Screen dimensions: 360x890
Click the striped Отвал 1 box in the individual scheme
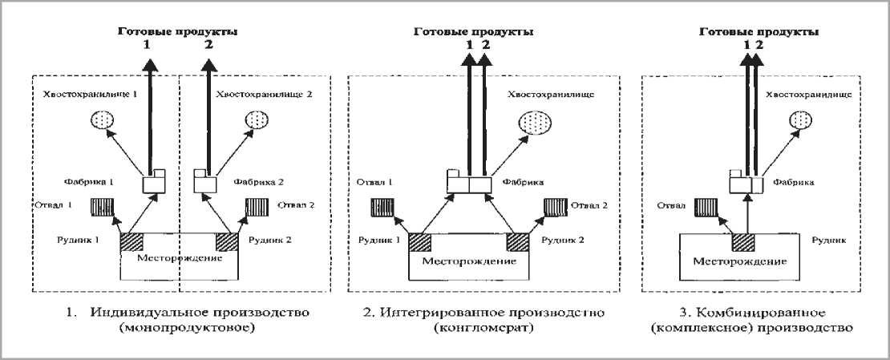(103, 208)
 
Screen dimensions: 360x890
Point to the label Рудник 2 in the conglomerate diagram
(561, 240)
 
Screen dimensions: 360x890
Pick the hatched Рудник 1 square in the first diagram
(131, 242)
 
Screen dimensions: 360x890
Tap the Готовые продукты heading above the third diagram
(759, 32)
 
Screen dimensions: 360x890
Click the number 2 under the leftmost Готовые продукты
(209, 46)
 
